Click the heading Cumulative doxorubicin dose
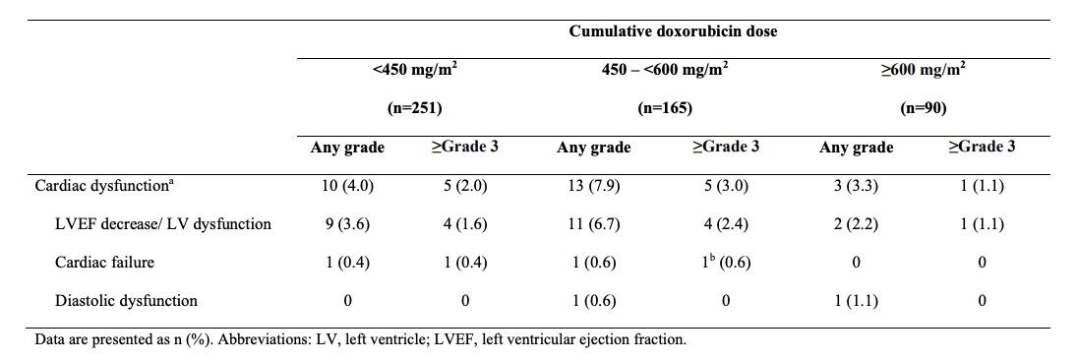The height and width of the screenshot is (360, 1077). (673, 31)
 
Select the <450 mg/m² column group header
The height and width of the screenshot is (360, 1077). (414, 71)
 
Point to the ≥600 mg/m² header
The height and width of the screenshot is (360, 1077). (923, 71)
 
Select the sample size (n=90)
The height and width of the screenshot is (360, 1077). (923, 108)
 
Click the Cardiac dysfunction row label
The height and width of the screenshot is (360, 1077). (105, 185)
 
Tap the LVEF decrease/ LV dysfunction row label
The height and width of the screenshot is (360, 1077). (163, 223)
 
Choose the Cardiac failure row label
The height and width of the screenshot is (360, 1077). (104, 262)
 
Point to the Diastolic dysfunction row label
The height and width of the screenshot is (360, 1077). (126, 300)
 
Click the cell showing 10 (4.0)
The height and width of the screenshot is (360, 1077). (347, 185)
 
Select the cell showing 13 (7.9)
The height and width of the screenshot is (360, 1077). (593, 185)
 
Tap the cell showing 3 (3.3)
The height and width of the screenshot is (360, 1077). (856, 185)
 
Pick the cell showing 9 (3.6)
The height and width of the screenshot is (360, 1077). (347, 223)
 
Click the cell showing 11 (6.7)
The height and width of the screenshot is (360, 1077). (593, 223)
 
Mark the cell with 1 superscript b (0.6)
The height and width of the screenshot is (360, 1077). (725, 262)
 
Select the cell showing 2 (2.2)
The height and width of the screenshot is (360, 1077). (856, 223)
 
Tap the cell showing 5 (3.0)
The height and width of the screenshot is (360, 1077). (725, 185)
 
